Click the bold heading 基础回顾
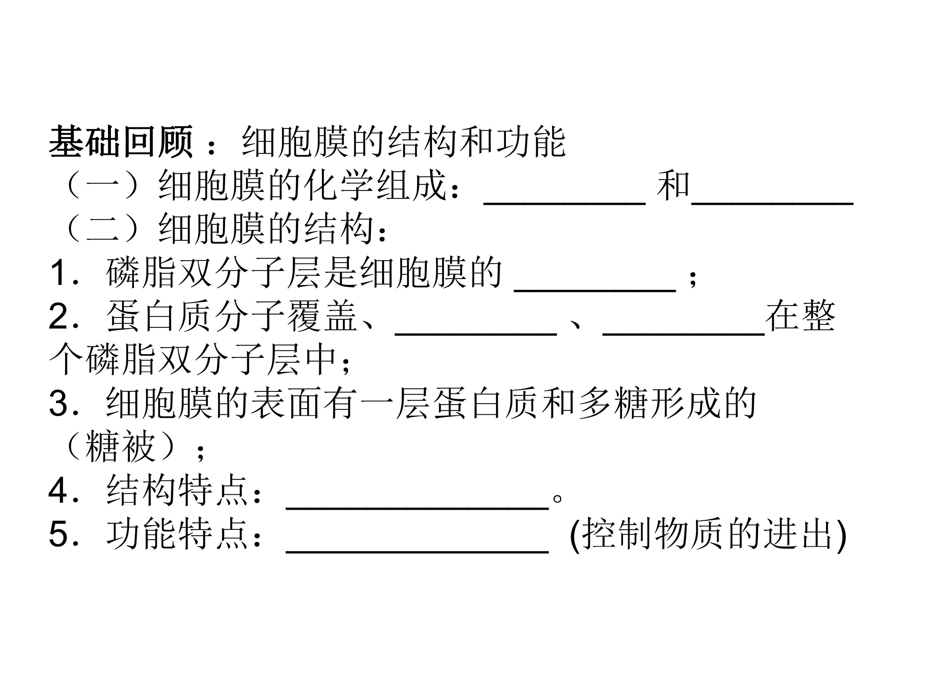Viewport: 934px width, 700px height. coord(121,142)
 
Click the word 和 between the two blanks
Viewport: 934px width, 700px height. coord(673,185)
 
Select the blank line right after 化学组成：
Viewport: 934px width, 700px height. coord(565,204)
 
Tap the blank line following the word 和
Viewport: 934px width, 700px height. coord(772,204)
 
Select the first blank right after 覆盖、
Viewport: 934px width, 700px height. coord(476,334)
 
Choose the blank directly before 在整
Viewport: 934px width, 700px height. coord(684,334)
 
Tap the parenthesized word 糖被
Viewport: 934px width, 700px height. coord(120,447)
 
